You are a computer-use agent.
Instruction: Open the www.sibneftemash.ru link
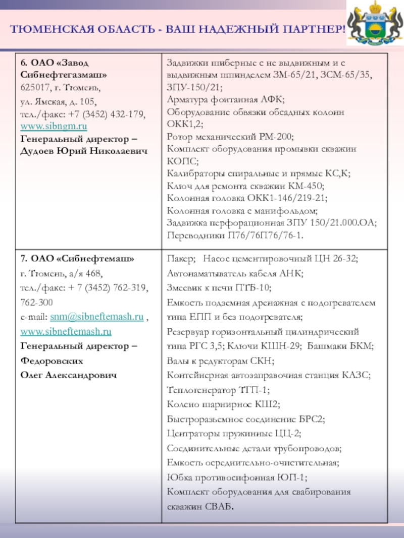(66, 332)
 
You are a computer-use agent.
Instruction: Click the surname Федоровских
(52, 361)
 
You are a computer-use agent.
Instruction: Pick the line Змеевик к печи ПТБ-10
(219, 288)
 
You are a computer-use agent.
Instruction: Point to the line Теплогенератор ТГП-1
(218, 390)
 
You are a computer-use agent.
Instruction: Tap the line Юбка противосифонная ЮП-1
(237, 477)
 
